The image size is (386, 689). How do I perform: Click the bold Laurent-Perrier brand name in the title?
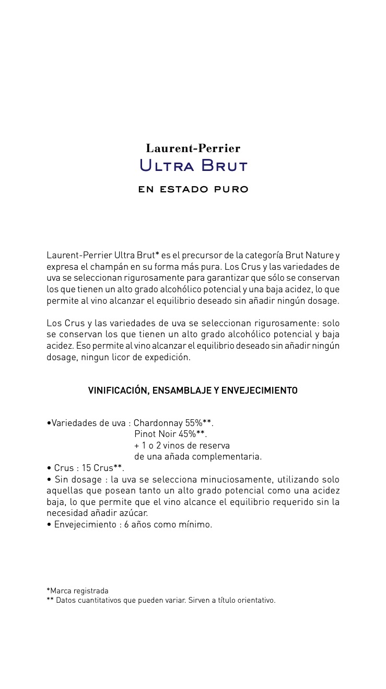pos(193,148)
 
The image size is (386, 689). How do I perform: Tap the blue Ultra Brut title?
pos(193,166)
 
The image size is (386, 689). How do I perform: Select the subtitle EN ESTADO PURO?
pos(193,189)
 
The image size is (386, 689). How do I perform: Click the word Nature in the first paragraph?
pos(318,255)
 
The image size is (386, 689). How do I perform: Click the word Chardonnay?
pos(158,423)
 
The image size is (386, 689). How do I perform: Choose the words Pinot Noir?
pos(155,434)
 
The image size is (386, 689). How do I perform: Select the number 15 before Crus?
pos(87,468)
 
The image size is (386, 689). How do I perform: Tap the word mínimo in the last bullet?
pos(196,524)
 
